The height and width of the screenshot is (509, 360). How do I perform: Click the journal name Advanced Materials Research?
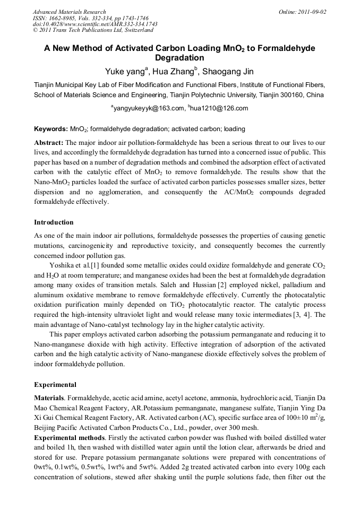click(x=70, y=12)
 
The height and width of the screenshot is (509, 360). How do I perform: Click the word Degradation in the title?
click(x=179, y=58)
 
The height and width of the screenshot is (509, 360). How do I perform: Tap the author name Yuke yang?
click(x=126, y=71)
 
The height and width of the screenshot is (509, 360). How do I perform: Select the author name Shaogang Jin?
click(x=228, y=71)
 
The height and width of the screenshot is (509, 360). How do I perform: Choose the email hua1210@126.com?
click(x=219, y=108)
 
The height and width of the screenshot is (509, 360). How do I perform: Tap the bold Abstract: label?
click(x=49, y=143)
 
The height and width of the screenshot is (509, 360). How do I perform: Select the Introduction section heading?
click(x=54, y=222)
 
